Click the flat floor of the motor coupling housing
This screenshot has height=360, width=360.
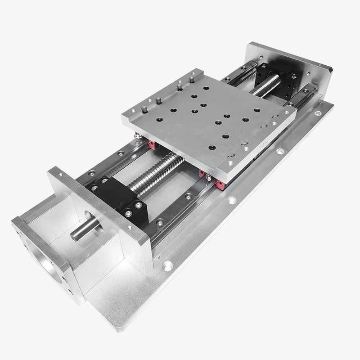coord(108,288)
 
